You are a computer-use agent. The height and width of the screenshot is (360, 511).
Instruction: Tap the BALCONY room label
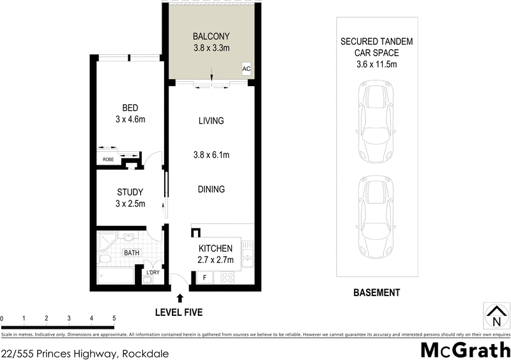click(x=211, y=36)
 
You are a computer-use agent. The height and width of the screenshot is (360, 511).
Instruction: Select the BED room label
click(x=130, y=108)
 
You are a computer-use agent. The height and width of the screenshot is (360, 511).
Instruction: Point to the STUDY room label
click(x=130, y=192)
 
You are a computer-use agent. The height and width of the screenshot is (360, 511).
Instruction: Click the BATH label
click(x=131, y=253)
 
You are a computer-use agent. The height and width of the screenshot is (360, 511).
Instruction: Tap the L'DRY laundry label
click(x=153, y=273)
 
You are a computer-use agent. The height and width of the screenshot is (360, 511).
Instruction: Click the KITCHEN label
click(x=215, y=248)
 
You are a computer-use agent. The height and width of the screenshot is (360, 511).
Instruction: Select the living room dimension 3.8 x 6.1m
click(x=211, y=154)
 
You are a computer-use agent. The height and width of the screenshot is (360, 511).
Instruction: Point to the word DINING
click(x=211, y=190)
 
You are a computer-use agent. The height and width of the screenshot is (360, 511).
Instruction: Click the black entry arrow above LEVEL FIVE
click(x=180, y=297)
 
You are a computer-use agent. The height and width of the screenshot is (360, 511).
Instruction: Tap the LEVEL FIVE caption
click(x=179, y=312)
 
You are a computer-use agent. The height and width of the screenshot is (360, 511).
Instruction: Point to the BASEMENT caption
click(x=377, y=293)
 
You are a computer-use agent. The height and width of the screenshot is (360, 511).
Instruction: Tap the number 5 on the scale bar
click(x=114, y=318)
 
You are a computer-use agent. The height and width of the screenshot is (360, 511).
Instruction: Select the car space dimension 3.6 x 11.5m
click(x=376, y=64)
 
